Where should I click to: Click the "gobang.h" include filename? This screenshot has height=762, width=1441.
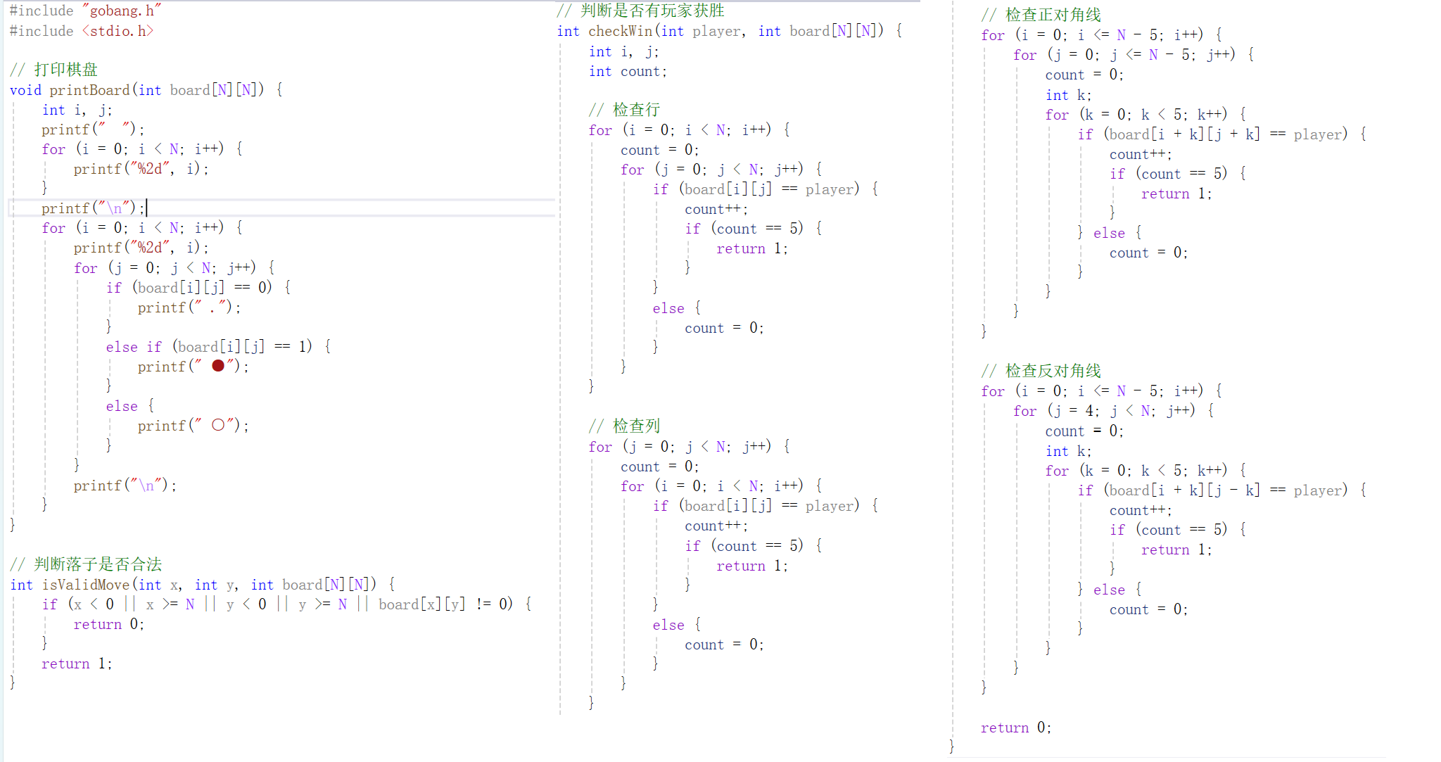pos(122,11)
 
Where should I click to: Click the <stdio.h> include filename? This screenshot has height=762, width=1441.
pos(118,31)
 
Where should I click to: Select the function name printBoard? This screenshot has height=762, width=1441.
pos(89,90)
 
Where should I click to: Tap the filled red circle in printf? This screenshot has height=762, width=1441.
pos(218,366)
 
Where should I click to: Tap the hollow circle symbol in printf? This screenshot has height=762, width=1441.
pos(218,425)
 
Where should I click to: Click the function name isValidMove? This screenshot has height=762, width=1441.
pos(86,585)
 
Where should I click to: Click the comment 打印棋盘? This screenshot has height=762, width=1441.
pos(65,70)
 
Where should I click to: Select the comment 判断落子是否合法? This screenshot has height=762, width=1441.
pos(98,564)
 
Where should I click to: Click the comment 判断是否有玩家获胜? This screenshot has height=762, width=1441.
pos(652,11)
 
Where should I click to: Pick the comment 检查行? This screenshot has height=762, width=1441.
pos(636,110)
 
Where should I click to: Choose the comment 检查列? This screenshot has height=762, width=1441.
pos(636,426)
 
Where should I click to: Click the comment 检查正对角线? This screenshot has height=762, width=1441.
pos(1053,15)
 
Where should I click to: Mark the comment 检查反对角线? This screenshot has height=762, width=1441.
pos(1053,371)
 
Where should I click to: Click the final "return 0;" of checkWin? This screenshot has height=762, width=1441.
pos(1015,728)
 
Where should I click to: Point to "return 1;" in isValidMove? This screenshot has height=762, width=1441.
pos(76,663)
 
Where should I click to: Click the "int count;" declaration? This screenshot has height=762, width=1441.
pos(628,71)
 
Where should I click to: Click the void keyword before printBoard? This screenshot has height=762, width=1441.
pos(25,90)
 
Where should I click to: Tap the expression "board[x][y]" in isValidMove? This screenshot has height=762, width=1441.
pos(421,604)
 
